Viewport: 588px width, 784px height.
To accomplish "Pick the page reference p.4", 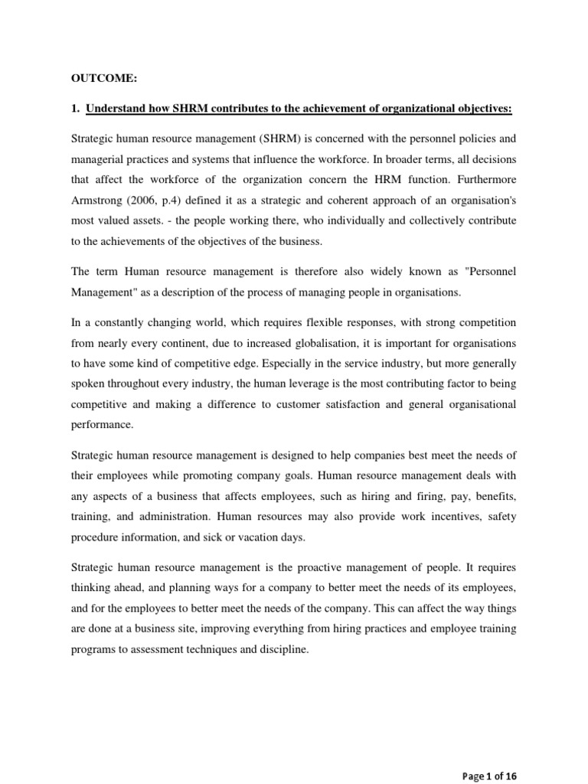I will [173, 200].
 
